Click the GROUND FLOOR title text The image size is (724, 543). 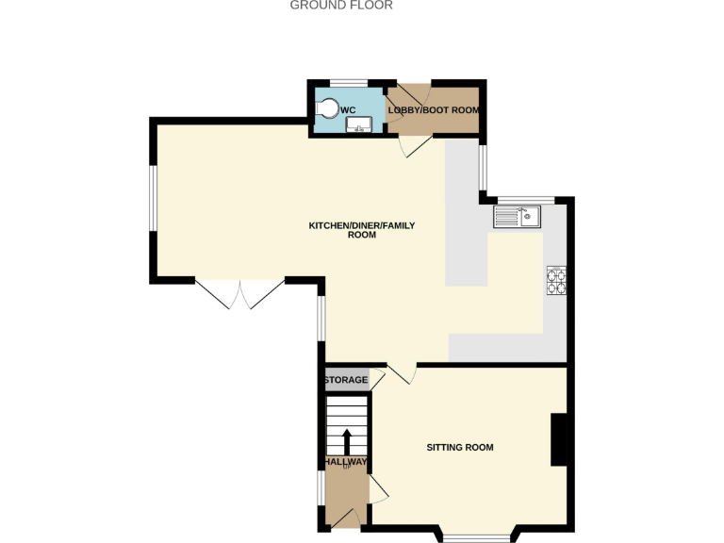click(x=341, y=6)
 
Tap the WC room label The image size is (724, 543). click(x=348, y=110)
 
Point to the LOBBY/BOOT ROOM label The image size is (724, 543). click(x=435, y=110)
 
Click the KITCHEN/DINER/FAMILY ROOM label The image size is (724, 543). click(x=361, y=230)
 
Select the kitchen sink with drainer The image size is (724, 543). click(x=516, y=217)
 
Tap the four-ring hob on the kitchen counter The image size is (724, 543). click(x=555, y=281)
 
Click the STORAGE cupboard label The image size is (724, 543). click(x=346, y=380)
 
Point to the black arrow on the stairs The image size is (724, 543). click(x=346, y=440)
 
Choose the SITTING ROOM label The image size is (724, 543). click(x=460, y=447)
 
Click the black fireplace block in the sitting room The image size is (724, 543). click(x=559, y=440)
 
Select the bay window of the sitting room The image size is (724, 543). click(x=475, y=537)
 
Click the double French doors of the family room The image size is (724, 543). click(x=240, y=293)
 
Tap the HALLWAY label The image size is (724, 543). click(x=346, y=462)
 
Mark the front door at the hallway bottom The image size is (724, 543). click(x=343, y=518)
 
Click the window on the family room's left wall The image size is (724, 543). click(x=154, y=199)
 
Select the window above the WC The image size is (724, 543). click(x=348, y=83)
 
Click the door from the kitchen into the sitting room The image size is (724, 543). click(x=402, y=373)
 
